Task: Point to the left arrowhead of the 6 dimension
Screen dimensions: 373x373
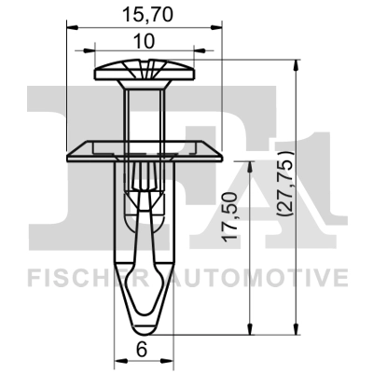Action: click(117, 360)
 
